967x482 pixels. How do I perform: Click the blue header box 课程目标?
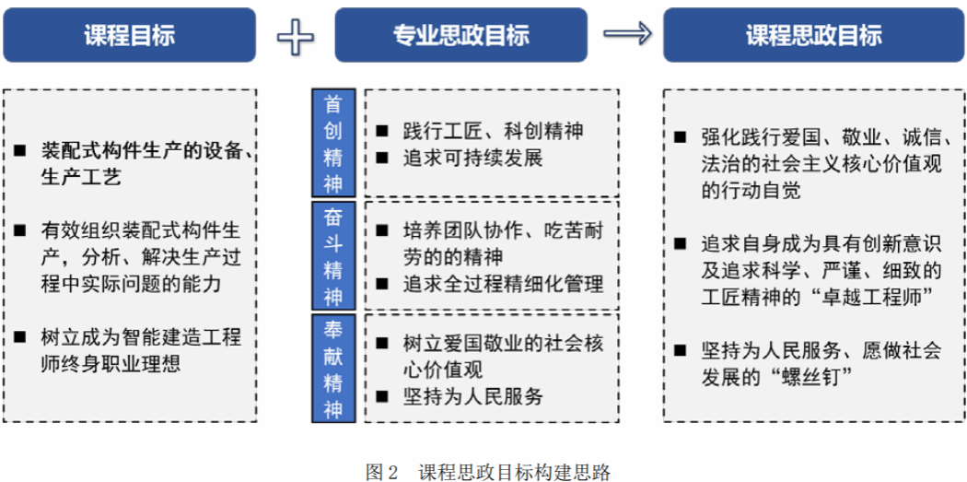pos(129,35)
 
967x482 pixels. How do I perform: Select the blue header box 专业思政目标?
pos(461,35)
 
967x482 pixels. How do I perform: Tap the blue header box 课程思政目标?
pos(813,35)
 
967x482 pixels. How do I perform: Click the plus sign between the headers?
pos(296,36)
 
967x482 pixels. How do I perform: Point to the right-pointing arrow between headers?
pos(626,35)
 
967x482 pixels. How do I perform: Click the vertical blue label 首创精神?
pos(333,143)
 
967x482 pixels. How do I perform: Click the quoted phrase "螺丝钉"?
pos(822,377)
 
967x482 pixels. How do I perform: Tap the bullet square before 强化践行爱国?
pos(680,138)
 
